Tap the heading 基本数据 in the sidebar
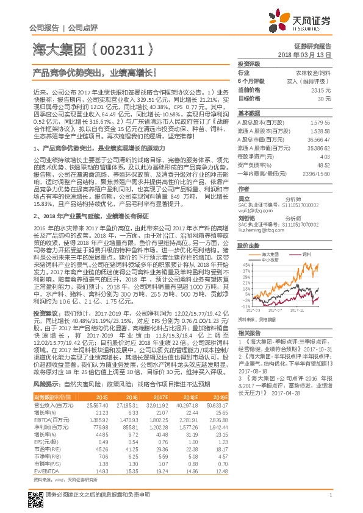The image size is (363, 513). (x=248, y=113)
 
